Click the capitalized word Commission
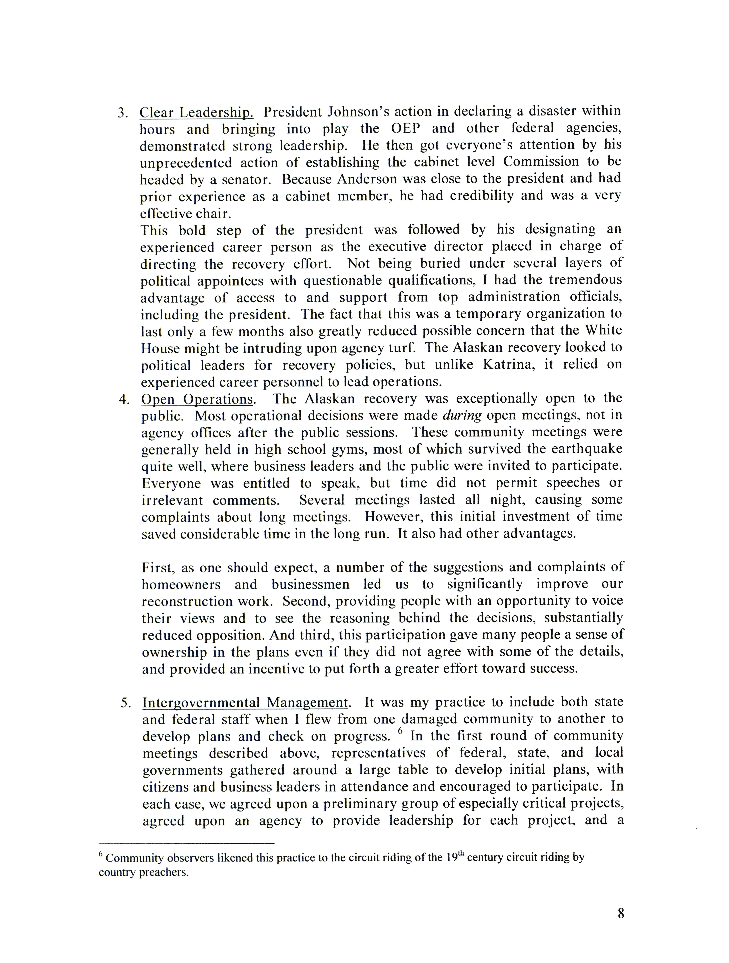tap(541, 162)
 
